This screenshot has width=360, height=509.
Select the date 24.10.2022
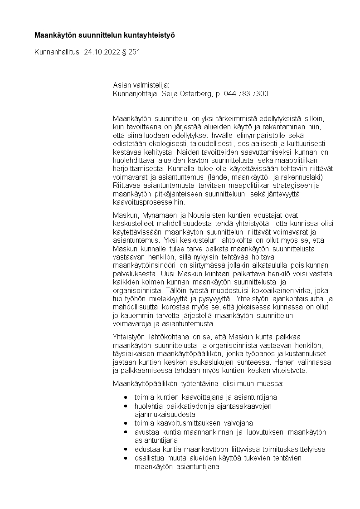point(102,52)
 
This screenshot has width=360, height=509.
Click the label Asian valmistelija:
point(141,85)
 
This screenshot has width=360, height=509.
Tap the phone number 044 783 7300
point(246,93)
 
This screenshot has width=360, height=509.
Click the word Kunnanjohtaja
point(133,93)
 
